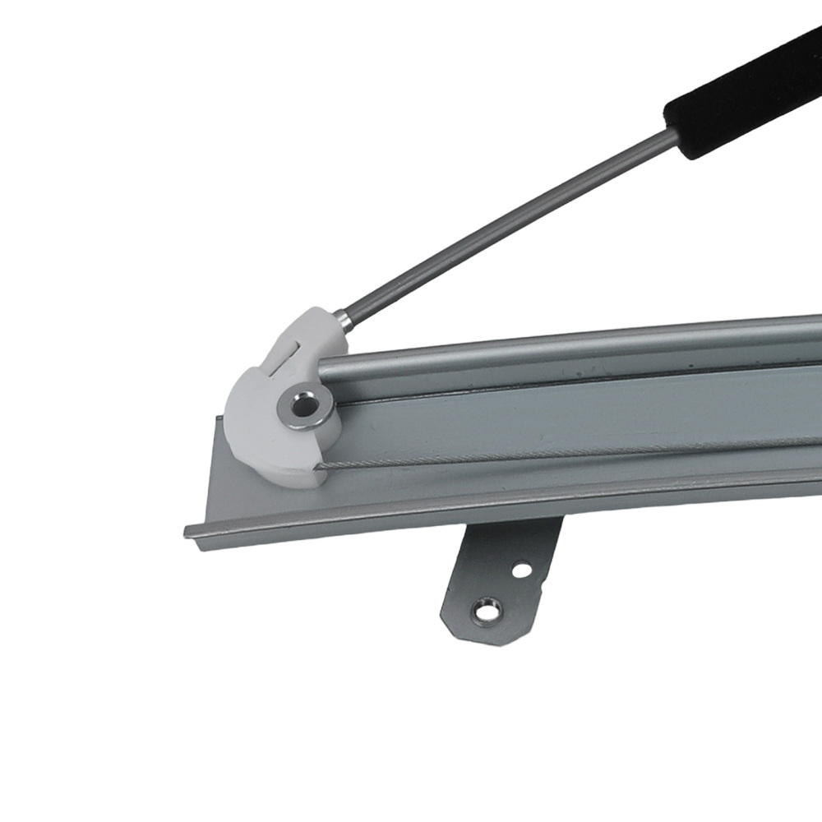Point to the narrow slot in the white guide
[x=284, y=356]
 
